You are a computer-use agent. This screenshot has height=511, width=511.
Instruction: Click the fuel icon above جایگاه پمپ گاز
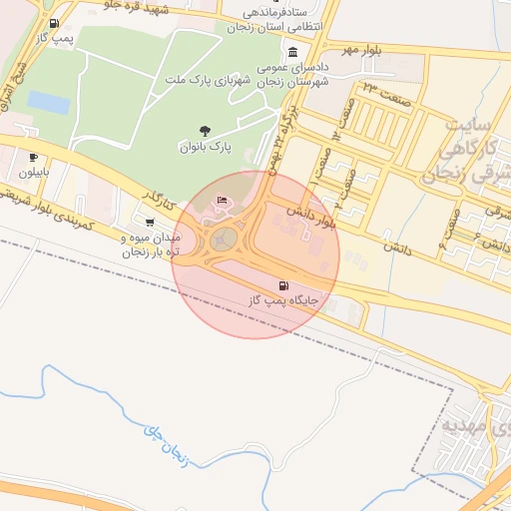(x=269, y=286)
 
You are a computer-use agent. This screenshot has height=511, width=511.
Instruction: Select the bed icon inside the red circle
(x=222, y=203)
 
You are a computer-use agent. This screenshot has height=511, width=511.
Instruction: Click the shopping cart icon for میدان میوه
(x=150, y=222)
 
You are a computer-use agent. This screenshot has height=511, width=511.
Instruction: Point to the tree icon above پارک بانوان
(x=206, y=131)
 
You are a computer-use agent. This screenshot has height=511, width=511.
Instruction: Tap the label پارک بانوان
(x=205, y=147)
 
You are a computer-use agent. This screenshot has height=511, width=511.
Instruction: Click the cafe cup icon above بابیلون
(x=33, y=157)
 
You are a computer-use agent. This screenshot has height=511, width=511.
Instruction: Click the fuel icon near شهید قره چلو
(x=52, y=23)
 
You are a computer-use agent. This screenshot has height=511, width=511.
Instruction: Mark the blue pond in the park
(x=48, y=102)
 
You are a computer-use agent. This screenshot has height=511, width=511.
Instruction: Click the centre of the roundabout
(x=225, y=238)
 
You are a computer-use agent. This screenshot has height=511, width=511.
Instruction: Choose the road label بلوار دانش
(x=310, y=217)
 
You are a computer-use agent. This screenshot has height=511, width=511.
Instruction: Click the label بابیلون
(x=32, y=172)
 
